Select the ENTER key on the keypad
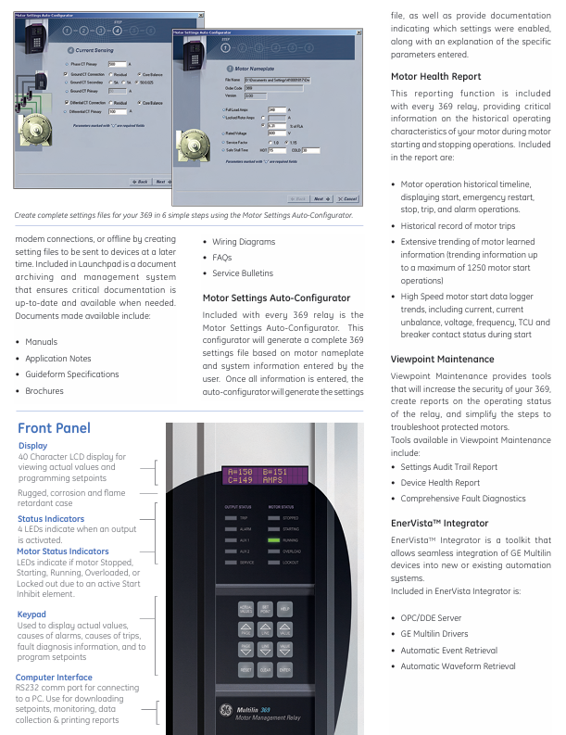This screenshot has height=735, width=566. [x=285, y=667]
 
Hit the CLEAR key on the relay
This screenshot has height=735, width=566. [x=266, y=667]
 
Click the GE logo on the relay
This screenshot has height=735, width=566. [x=223, y=712]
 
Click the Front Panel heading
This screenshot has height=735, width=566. [x=54, y=427]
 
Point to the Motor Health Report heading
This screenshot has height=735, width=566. [x=435, y=77]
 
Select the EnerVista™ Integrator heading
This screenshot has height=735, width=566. [x=439, y=523]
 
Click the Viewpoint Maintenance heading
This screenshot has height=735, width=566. [x=442, y=359]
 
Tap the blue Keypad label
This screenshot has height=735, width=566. [x=31, y=615]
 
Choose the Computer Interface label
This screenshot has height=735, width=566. [x=54, y=678]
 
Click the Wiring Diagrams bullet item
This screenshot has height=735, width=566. [x=244, y=242]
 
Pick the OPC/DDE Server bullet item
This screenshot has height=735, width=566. [x=431, y=617]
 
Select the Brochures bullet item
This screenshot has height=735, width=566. [x=44, y=391]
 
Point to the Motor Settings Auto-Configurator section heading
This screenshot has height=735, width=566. [x=276, y=298]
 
